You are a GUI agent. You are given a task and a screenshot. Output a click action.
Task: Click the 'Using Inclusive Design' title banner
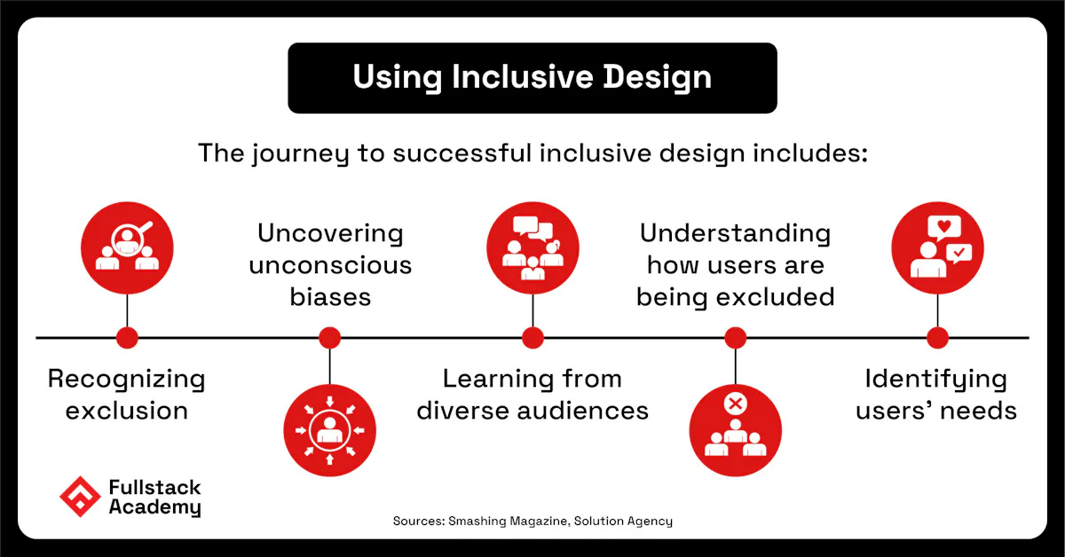point(532,78)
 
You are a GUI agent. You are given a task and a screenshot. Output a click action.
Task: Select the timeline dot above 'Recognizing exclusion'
point(127,337)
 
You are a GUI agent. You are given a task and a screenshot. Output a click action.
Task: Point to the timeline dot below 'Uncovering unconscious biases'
point(329,337)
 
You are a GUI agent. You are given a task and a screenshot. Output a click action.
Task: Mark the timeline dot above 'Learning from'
point(532,337)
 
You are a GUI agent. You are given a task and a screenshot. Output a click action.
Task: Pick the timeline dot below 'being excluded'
point(735,337)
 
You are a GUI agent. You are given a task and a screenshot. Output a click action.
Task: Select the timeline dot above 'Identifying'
point(937,337)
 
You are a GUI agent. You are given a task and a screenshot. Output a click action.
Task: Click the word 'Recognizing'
point(126,380)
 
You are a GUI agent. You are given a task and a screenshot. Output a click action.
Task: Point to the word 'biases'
point(329,296)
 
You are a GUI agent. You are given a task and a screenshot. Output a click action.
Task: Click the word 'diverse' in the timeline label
point(467,411)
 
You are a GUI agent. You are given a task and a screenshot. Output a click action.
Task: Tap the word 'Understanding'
point(735,233)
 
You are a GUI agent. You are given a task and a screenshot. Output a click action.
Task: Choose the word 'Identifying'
point(936,380)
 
